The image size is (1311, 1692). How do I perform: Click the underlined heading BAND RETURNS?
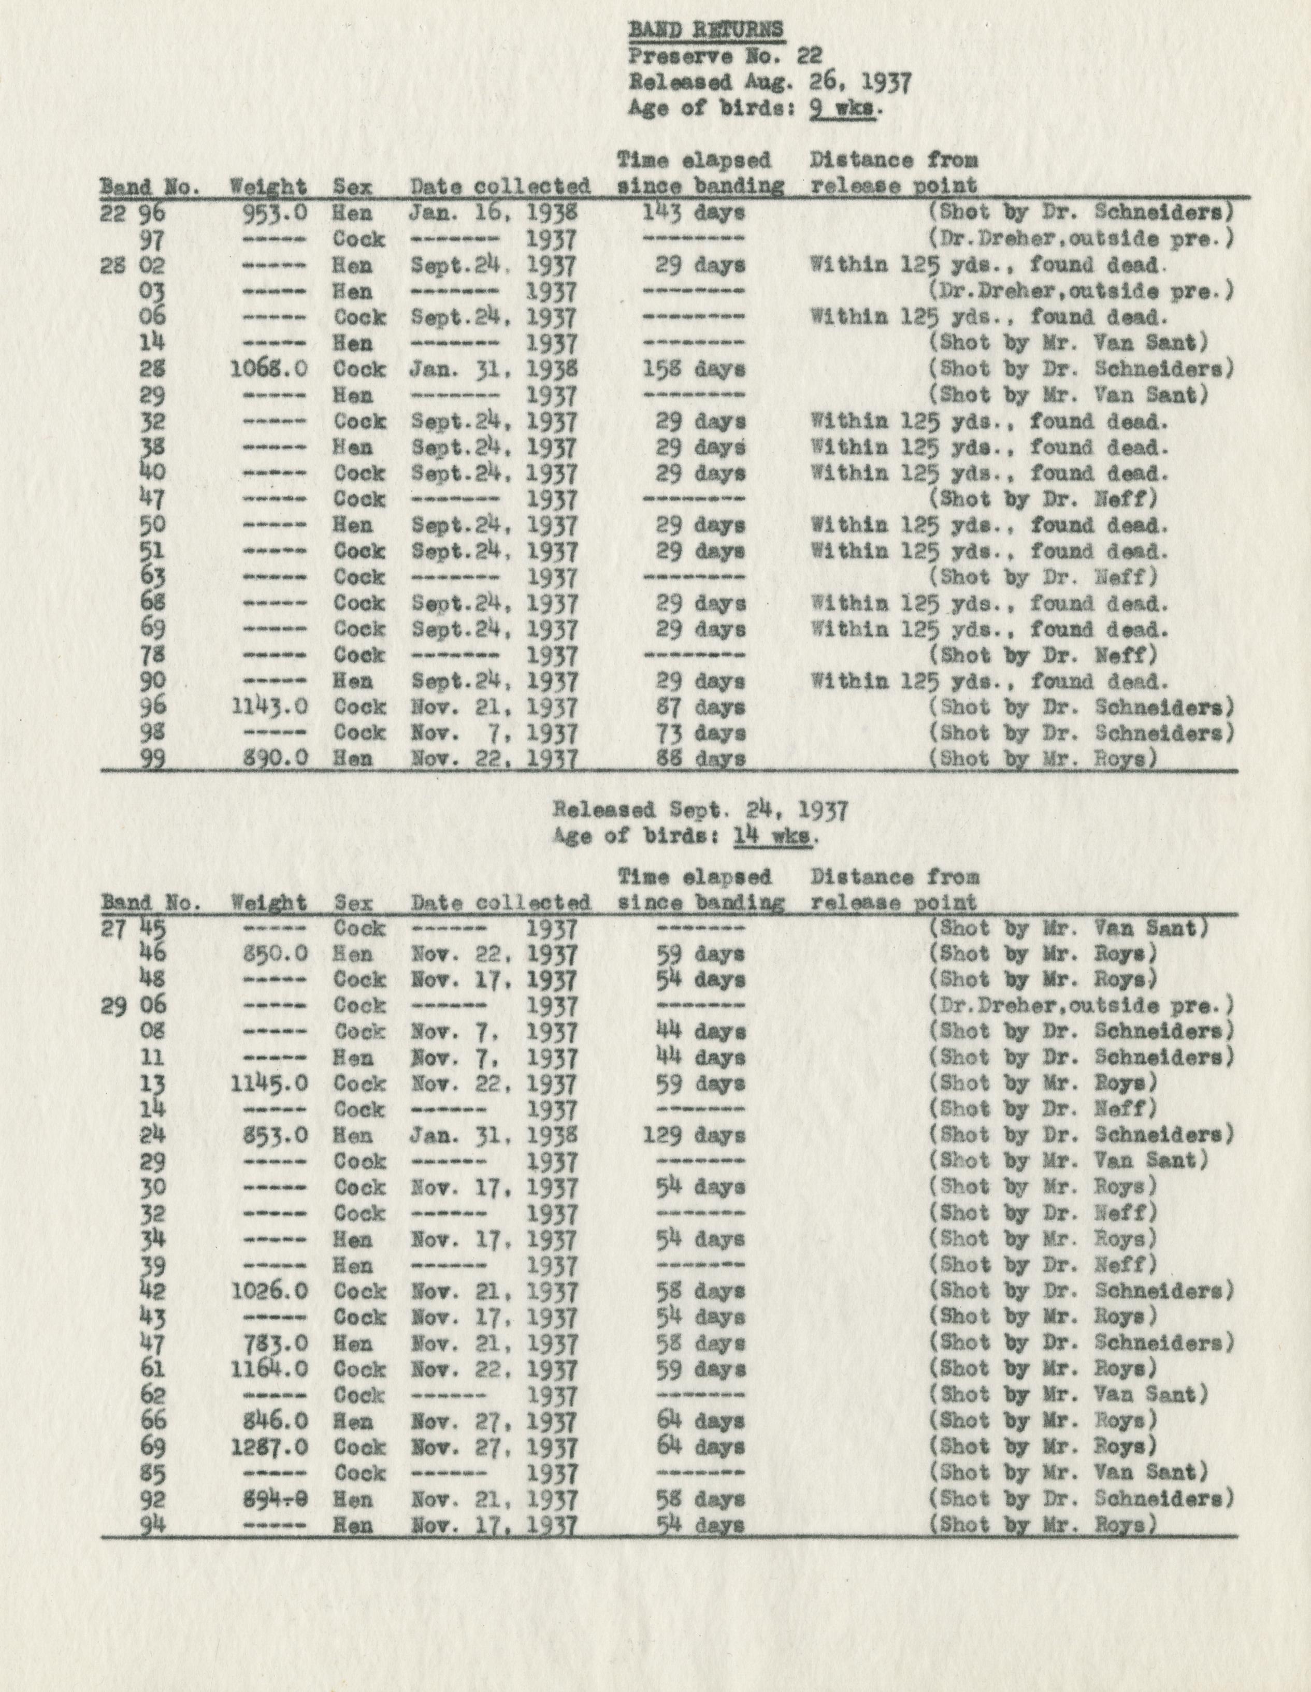click(706, 30)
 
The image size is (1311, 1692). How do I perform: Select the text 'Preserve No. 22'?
click(725, 56)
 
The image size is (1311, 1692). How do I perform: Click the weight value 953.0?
click(275, 212)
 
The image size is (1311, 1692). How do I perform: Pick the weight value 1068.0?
click(269, 369)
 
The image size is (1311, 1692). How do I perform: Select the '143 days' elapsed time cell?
click(694, 212)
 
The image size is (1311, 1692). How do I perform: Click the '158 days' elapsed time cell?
click(694, 369)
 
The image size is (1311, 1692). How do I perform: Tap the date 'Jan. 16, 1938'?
click(493, 212)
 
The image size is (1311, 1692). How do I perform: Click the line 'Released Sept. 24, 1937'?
click(700, 811)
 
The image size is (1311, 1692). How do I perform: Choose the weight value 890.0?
click(275, 758)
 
